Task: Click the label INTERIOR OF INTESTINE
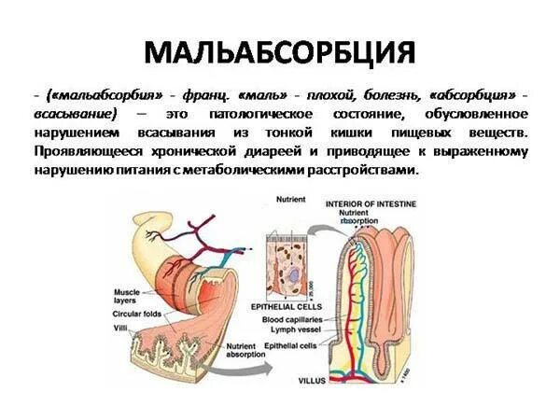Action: pos(370,203)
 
